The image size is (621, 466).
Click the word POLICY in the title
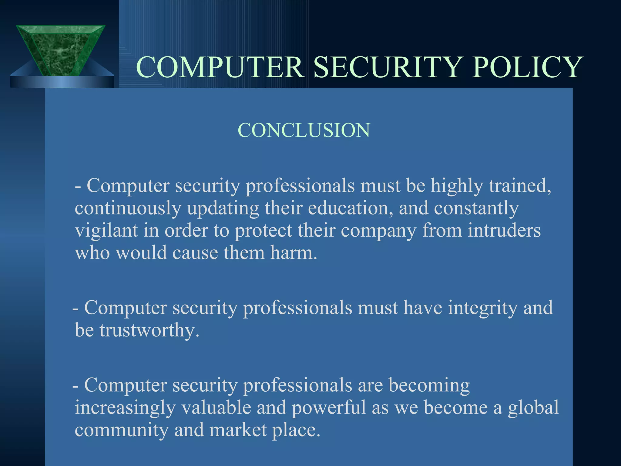pos(527,67)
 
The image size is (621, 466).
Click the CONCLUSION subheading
pos(304,130)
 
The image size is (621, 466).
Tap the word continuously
pos(128,208)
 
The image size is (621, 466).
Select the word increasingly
pos(125,407)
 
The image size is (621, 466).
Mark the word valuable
pos(216,407)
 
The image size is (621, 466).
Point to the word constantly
pos(476,208)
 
